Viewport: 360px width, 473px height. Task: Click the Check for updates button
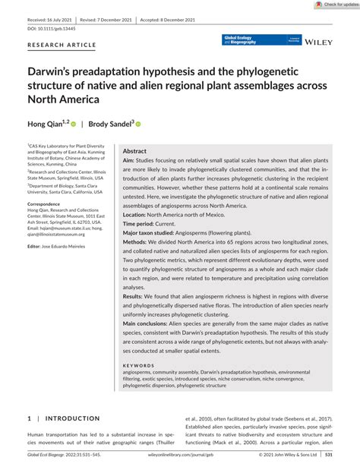point(335,5)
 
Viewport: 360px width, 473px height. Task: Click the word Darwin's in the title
point(52,74)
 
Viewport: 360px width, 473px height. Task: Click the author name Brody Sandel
point(108,123)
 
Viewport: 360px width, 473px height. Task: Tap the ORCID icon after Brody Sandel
point(138,123)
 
